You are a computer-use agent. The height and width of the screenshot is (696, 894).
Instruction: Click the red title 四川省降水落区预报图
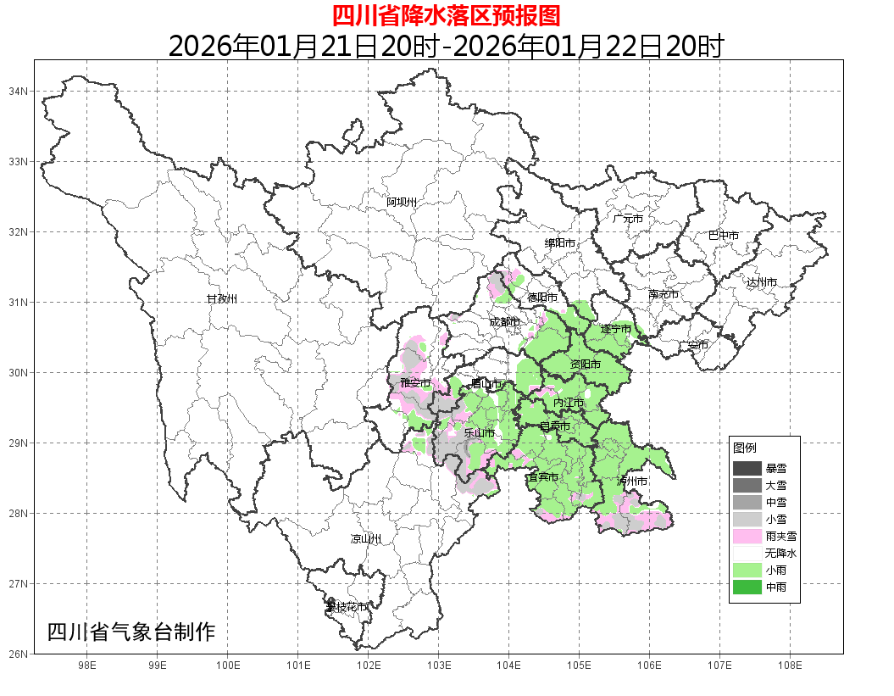point(446,15)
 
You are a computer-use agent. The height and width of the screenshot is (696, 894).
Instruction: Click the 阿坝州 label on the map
point(402,202)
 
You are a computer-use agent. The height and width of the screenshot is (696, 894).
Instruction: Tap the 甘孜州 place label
point(222,298)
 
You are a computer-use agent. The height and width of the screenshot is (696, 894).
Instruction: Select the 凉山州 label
point(366,539)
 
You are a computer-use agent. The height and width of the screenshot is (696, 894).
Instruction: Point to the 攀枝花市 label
point(347,607)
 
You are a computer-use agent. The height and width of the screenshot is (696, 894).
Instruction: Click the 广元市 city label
point(628,219)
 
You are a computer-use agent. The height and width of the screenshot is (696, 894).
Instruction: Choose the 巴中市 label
point(724,236)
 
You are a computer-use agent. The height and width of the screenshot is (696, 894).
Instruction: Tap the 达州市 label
point(762,282)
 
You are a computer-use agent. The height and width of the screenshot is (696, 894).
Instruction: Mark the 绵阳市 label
point(559,243)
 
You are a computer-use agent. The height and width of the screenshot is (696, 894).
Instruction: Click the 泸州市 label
point(632,481)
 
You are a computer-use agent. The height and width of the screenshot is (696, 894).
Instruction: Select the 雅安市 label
point(415,384)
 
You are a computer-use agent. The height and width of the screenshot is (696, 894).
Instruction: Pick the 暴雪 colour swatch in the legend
point(747,469)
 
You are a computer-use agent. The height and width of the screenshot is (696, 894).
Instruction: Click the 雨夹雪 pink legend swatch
point(747,536)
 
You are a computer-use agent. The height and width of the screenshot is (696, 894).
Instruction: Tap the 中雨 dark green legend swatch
point(747,587)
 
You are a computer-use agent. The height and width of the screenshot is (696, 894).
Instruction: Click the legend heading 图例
point(745,448)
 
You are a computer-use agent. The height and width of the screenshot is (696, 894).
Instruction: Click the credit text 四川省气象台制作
point(131,632)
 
